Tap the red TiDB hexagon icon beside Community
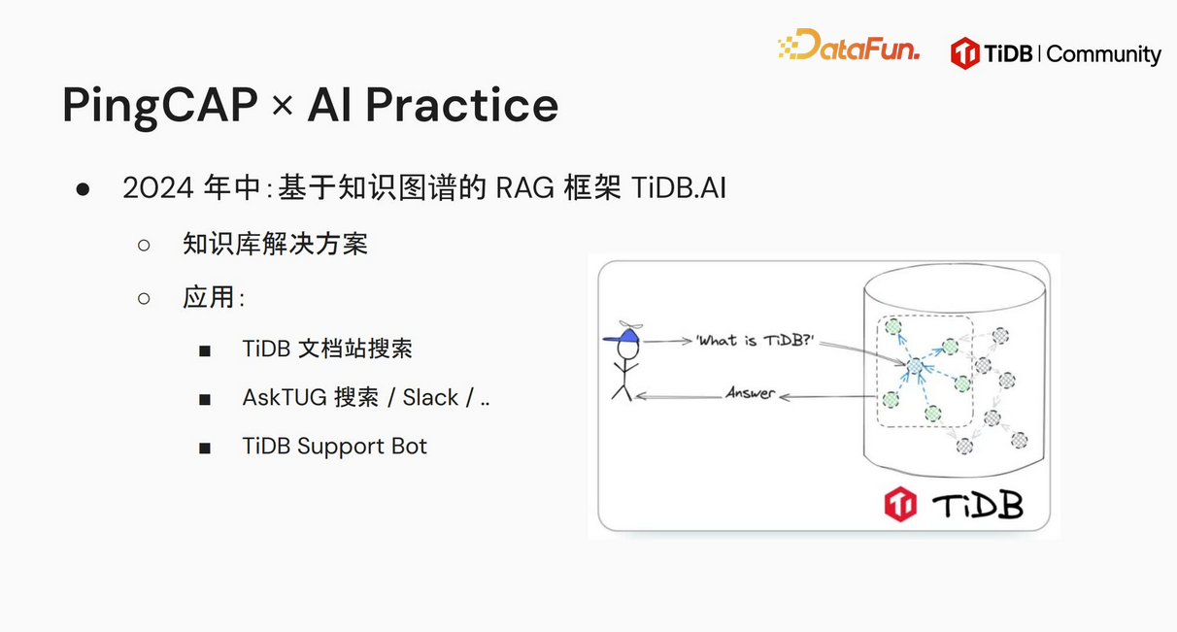coord(964,53)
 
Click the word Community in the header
coord(1103,54)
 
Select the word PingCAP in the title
coord(160,107)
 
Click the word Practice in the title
coord(462,105)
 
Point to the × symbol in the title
coord(283,106)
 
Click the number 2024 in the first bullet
coord(158,188)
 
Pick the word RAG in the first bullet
coord(525,188)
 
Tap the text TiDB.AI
coord(679,188)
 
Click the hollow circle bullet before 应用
coord(144,298)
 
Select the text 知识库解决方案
coord(275,245)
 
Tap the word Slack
coord(430,398)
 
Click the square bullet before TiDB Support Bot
coord(205,449)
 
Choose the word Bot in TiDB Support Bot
coord(409,446)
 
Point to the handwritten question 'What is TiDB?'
coord(756,341)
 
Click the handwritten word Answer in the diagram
coord(751,392)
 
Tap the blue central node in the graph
coord(915,366)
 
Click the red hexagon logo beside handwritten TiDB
coord(900,505)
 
